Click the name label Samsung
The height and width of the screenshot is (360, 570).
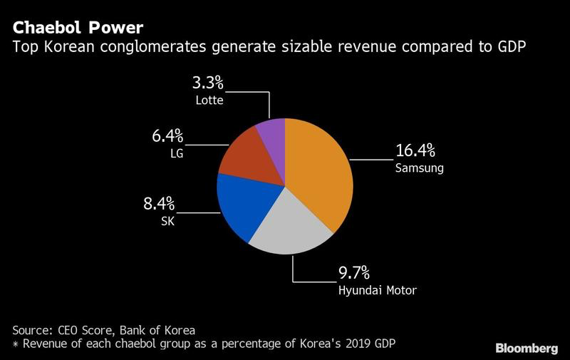(420, 168)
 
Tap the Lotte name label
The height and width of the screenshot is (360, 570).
(209, 100)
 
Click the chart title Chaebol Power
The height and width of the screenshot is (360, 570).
(78, 28)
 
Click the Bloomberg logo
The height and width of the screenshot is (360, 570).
(527, 348)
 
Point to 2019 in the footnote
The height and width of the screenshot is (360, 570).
(360, 344)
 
